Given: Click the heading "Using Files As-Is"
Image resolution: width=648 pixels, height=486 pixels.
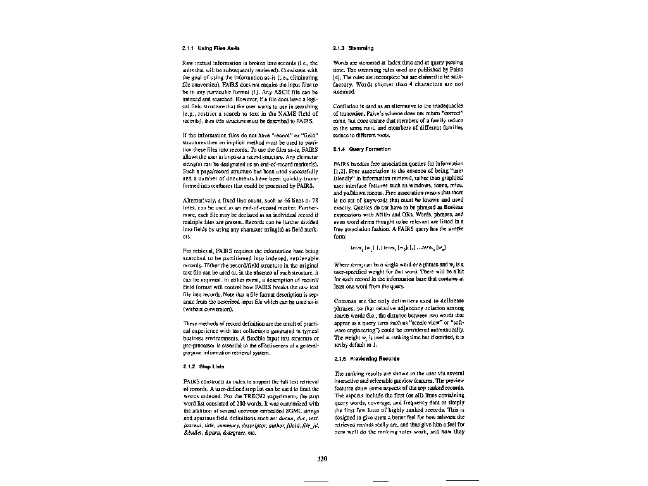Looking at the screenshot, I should pyautogui.click(x=219, y=48).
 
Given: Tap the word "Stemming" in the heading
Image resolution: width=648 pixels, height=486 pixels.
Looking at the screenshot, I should pyautogui.click(x=361, y=48).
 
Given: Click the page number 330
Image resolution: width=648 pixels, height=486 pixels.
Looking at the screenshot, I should pyautogui.click(x=321, y=459).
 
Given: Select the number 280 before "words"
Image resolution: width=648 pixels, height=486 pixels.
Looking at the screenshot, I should pyautogui.click(x=238, y=403).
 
